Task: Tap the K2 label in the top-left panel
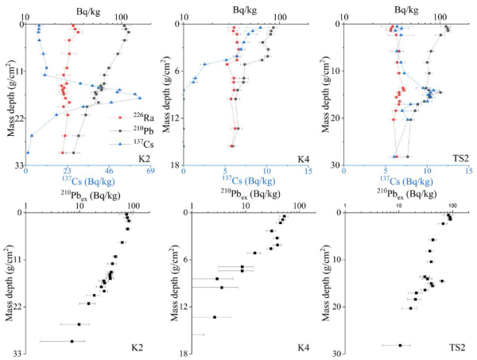coord(144,159)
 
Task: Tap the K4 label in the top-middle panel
coord(303,159)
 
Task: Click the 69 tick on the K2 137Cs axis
coord(150,172)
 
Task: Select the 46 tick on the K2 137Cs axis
coord(109,172)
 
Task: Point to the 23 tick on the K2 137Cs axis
coord(68,172)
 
